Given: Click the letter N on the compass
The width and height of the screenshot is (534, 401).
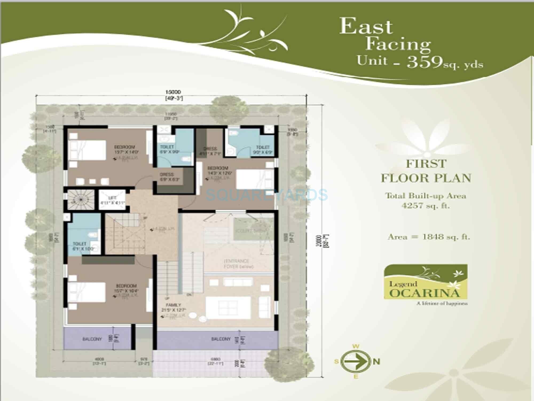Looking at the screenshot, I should point(376,362).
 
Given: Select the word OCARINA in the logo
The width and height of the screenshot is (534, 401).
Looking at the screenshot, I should point(425,293).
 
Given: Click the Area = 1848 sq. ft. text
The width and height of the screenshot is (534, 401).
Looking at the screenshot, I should point(429,237).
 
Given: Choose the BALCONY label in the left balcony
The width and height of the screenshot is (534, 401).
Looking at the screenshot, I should point(92,339).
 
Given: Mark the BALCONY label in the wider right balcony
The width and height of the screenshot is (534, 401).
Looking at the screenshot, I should point(221,339).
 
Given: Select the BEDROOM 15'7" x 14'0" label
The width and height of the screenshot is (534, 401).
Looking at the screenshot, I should point(124,149).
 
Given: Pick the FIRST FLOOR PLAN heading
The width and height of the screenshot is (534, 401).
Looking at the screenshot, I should point(426,171).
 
